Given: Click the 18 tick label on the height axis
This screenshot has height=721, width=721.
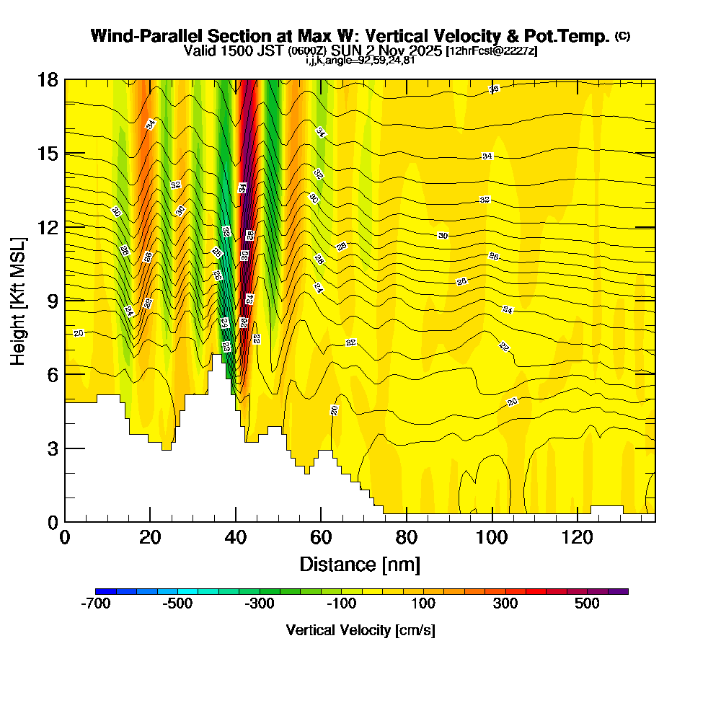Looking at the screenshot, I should click(x=48, y=80).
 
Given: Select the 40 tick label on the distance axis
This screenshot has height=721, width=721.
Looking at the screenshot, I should click(x=236, y=538).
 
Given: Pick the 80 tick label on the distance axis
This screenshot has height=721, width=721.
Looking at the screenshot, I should click(x=407, y=538).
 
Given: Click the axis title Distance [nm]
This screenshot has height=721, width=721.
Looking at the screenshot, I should click(x=360, y=564).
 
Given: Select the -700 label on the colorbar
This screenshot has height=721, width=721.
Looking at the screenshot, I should click(x=96, y=603).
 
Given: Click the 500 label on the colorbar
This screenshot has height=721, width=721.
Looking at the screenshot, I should click(x=587, y=603).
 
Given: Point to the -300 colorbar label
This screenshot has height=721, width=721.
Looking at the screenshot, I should click(x=260, y=603).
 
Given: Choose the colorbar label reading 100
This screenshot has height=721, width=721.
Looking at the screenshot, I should click(x=423, y=603).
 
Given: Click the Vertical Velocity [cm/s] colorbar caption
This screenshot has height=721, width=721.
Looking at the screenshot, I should click(x=360, y=630).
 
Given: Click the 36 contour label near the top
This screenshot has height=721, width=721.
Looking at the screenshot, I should click(x=494, y=89).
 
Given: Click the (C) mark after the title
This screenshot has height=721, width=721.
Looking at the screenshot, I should click(x=622, y=36).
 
